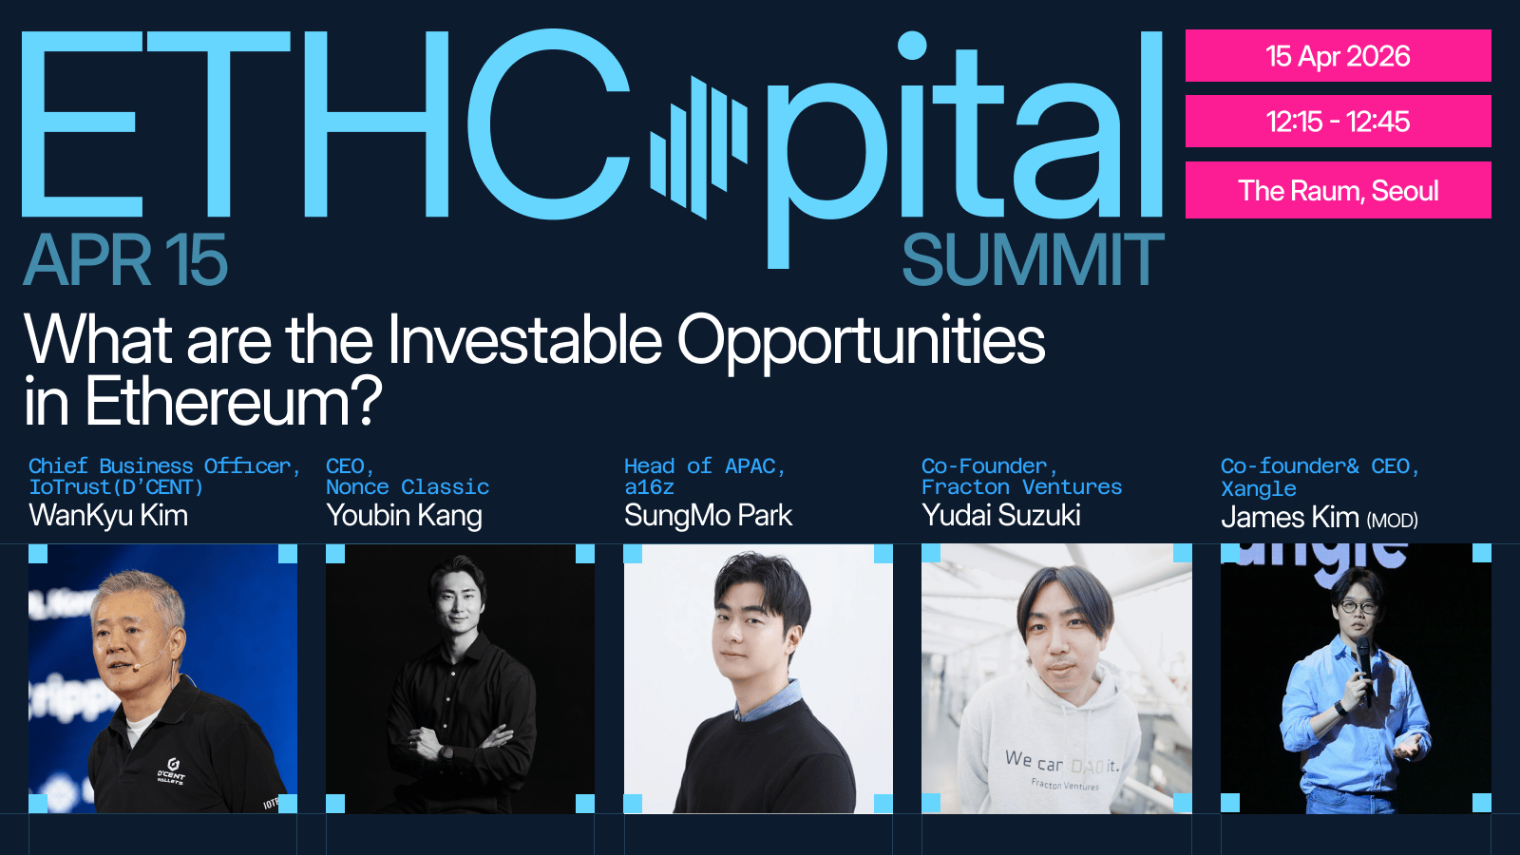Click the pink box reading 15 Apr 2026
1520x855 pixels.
pos(1338,56)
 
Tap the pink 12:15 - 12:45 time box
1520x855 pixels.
pos(1338,122)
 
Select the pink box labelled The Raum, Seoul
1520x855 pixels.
pos(1338,190)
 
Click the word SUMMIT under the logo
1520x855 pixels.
pos(1033,259)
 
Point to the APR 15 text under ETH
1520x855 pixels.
pos(125,259)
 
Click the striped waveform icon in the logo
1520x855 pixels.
pos(699,147)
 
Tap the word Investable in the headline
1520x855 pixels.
pos(524,340)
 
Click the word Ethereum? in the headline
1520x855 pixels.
pos(234,402)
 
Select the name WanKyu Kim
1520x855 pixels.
pos(108,516)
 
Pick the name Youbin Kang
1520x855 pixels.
pos(405,517)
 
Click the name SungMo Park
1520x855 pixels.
pos(708,516)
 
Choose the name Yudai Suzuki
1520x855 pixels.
pos(1001,516)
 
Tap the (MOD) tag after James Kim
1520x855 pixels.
pos(1392,521)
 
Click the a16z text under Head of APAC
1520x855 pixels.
pos(650,487)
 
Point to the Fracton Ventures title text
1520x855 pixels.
pos(1022,487)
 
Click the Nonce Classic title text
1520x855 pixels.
pos(408,487)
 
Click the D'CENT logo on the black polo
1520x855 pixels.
pos(172,771)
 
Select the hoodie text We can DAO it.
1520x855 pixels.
pos(1061,763)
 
